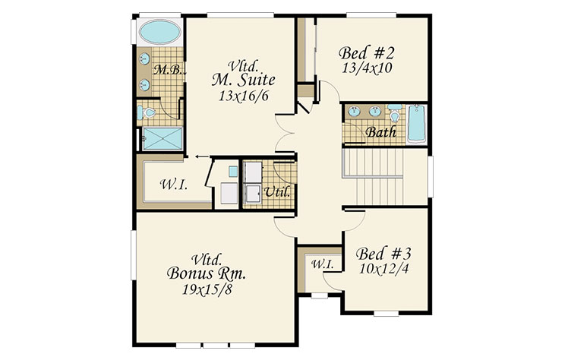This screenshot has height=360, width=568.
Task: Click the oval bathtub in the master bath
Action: (x=160, y=32)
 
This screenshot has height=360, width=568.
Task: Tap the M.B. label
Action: (x=167, y=69)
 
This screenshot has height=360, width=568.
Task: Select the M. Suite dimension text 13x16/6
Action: (x=244, y=96)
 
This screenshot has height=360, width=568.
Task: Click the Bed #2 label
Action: (x=366, y=53)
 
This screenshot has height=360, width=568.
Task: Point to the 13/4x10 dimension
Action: (x=367, y=68)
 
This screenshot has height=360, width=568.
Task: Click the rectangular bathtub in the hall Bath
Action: (x=416, y=124)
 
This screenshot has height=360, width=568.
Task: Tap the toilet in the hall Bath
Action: (x=394, y=113)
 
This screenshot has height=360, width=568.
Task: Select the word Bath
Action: (x=380, y=132)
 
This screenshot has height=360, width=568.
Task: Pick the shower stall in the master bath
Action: (x=162, y=138)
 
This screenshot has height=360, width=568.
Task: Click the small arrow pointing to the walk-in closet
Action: (x=202, y=156)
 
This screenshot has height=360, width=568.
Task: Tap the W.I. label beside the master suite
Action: (x=174, y=185)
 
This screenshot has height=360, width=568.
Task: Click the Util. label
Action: (x=277, y=192)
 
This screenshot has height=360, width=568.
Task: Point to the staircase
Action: (x=373, y=177)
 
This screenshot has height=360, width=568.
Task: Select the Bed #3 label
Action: (x=383, y=254)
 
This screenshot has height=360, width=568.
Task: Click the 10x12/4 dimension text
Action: (x=383, y=269)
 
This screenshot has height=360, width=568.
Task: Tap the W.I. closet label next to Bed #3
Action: (x=323, y=264)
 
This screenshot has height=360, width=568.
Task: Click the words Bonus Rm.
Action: (x=206, y=273)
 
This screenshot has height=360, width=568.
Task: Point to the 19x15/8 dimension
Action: (x=207, y=289)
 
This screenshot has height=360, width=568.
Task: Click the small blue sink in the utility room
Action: (x=233, y=172)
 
